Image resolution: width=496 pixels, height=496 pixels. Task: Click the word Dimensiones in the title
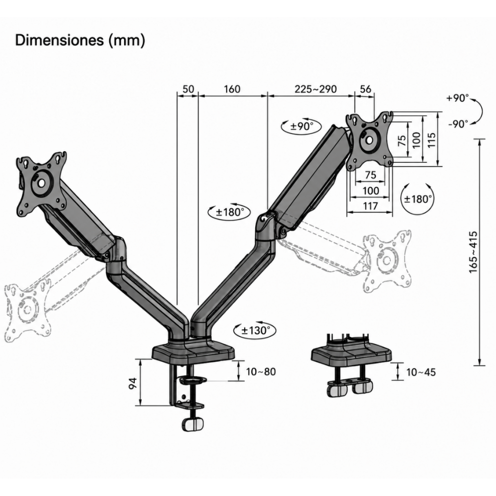pos(60,40)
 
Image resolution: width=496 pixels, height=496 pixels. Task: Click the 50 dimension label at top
pos(188,89)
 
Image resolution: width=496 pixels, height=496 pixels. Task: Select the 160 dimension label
pos(232,89)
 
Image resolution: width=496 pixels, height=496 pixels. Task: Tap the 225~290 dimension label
pos(316,89)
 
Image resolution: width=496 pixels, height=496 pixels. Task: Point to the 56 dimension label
pos(365,89)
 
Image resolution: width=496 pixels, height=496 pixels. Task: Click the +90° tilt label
pos(457,98)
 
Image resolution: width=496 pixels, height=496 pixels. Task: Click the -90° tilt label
pos(458,124)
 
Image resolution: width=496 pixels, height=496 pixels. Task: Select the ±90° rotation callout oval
pos(301,126)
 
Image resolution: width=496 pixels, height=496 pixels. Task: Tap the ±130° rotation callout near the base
pos(255,330)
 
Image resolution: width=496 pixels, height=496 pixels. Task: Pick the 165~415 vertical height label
pos(473,252)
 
